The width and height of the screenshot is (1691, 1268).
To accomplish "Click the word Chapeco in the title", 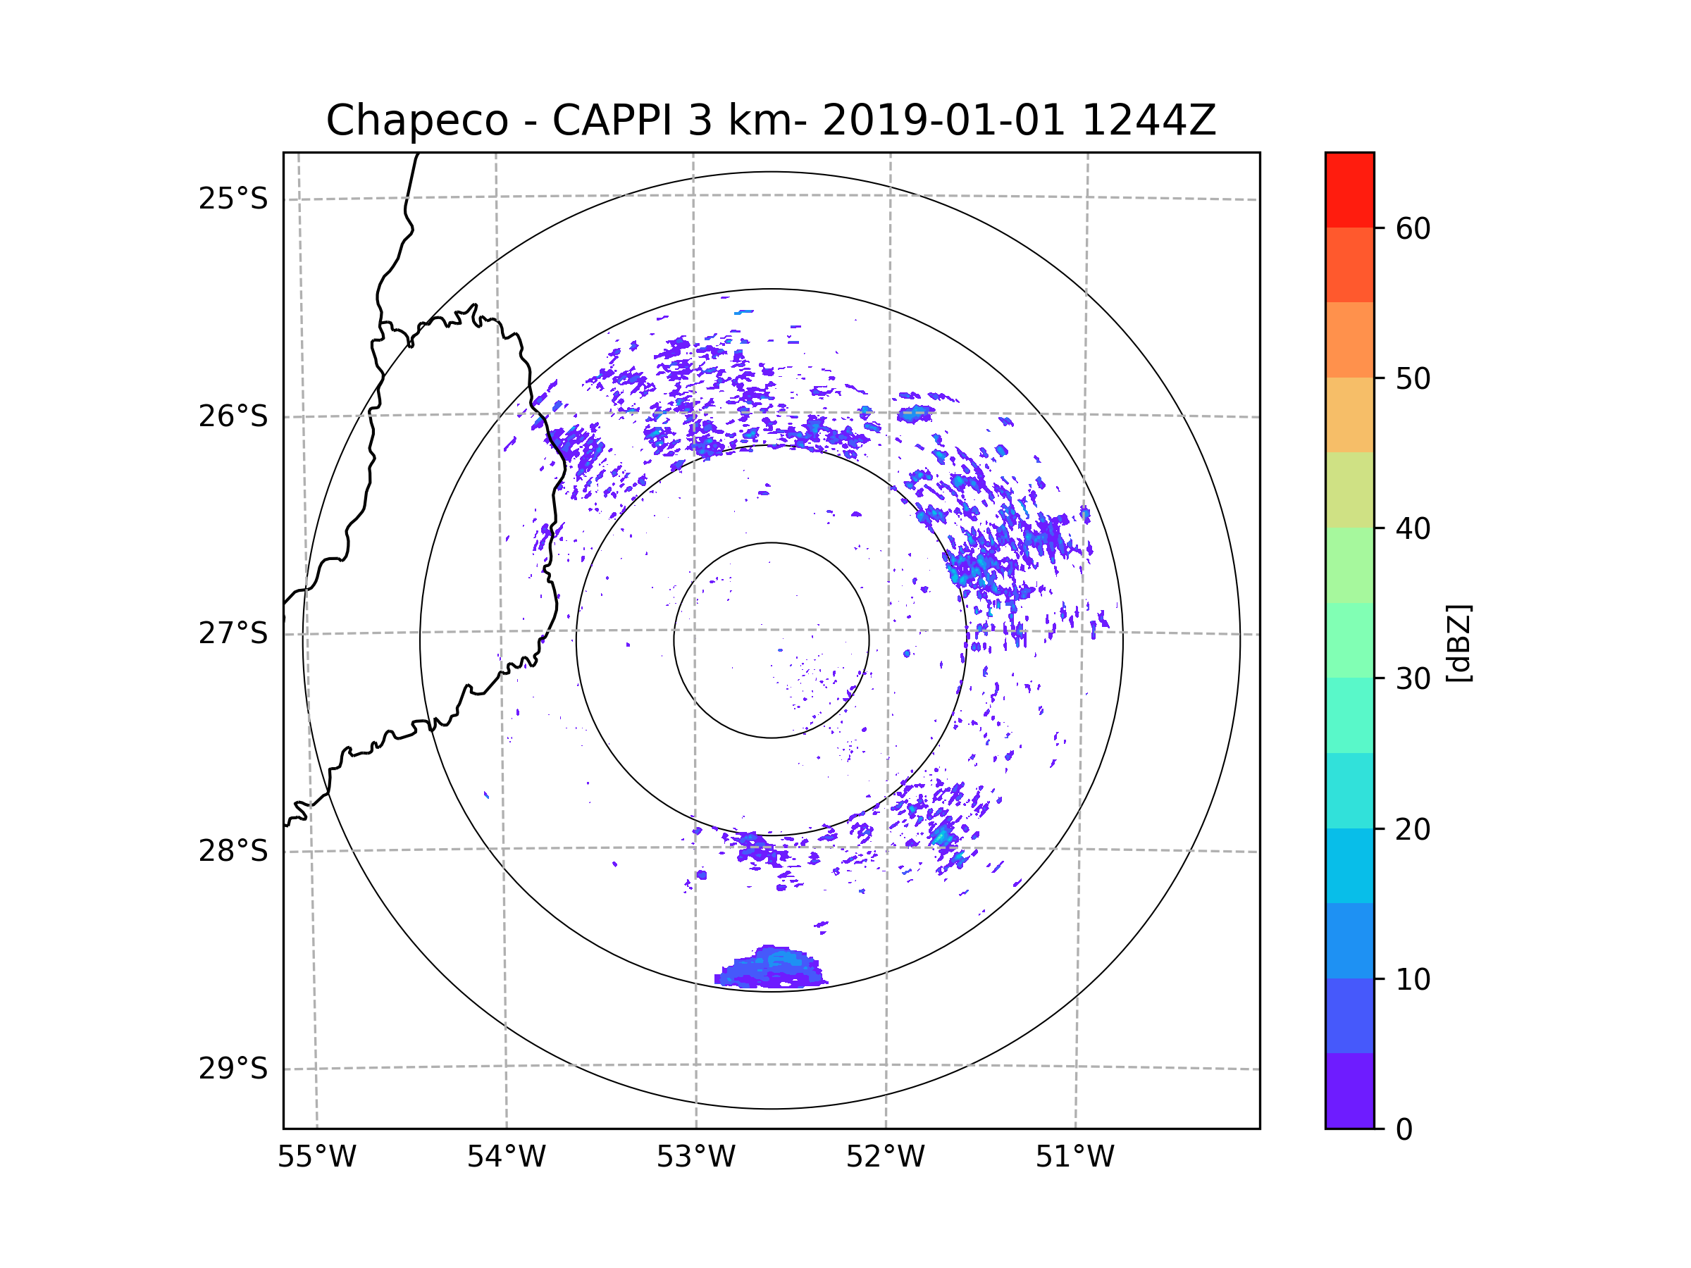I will pyautogui.click(x=416, y=120).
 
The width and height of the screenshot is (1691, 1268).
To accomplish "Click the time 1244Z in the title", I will pyautogui.click(x=1148, y=120).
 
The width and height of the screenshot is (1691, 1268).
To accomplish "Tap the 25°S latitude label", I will pyautogui.click(x=233, y=199).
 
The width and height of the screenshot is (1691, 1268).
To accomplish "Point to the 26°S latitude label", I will pyautogui.click(x=233, y=416).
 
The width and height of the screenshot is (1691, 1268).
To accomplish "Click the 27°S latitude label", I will pyautogui.click(x=233, y=633).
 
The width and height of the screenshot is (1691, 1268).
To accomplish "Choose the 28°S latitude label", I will pyautogui.click(x=233, y=851).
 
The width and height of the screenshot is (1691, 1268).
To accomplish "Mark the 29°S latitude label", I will pyautogui.click(x=233, y=1069).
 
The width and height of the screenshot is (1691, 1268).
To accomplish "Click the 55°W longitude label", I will pyautogui.click(x=316, y=1157).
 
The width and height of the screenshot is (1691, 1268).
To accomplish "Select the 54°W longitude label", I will pyautogui.click(x=506, y=1157).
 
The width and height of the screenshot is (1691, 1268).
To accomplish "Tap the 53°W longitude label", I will pyautogui.click(x=695, y=1157).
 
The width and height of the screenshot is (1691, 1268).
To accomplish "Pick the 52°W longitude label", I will pyautogui.click(x=885, y=1157).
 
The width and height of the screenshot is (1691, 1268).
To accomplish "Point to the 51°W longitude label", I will pyautogui.click(x=1074, y=1157).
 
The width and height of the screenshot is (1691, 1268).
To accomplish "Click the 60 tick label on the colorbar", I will pyautogui.click(x=1413, y=228).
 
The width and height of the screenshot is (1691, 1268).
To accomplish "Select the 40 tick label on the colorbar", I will pyautogui.click(x=1413, y=529).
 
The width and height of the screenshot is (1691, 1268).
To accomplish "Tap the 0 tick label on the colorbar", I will pyautogui.click(x=1404, y=1130).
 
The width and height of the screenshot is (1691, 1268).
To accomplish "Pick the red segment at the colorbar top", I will pyautogui.click(x=1349, y=189).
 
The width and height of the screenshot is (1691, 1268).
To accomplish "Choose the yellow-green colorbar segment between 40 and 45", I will pyautogui.click(x=1349, y=490).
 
